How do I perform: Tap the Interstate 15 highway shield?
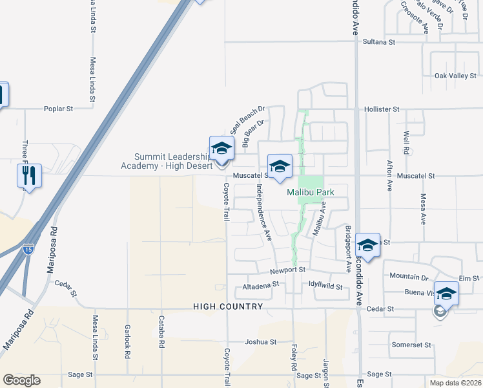(28, 248)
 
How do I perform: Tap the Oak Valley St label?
(455, 76)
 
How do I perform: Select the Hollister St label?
(382, 109)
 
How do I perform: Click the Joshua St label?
(260, 341)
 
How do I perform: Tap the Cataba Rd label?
(161, 332)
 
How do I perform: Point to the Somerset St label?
(411, 345)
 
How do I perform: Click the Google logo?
(21, 380)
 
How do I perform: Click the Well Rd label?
(406, 143)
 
